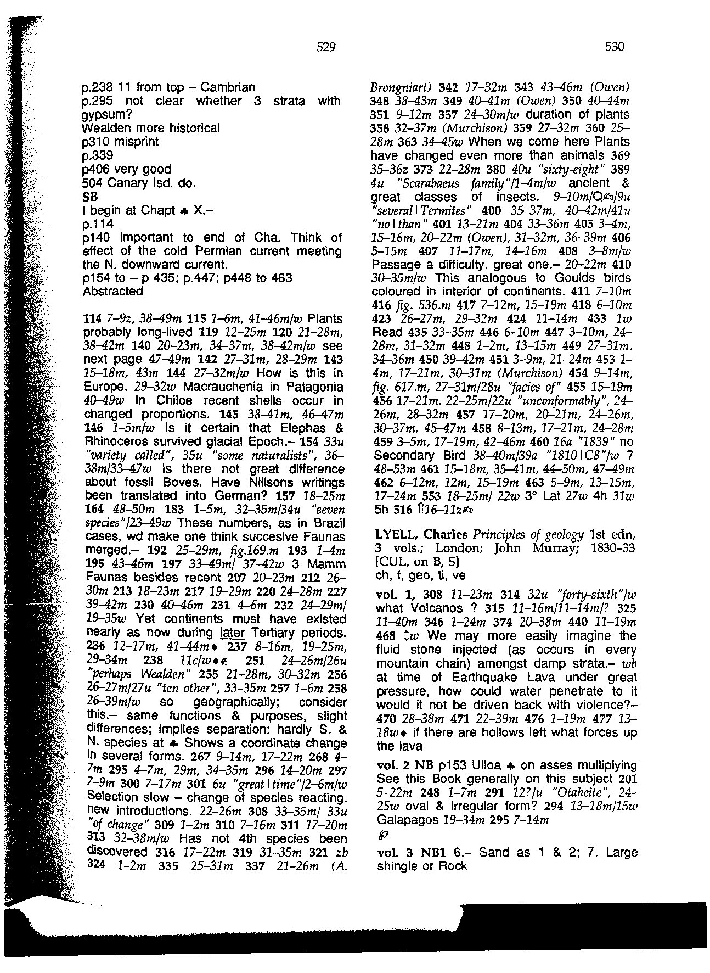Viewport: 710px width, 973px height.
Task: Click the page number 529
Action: (326, 47)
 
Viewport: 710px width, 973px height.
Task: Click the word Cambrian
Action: (228, 87)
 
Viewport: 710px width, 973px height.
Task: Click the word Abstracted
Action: (112, 291)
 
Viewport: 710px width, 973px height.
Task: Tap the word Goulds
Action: (562, 278)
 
